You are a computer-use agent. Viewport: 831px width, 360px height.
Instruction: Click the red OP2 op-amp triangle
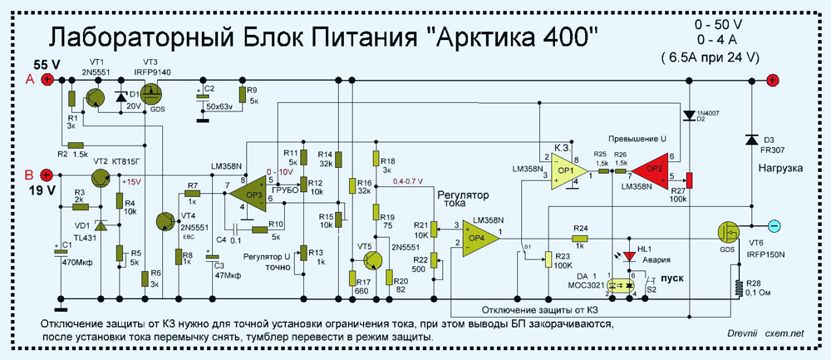pos(655,170)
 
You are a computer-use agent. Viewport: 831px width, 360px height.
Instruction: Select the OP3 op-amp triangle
pos(248,195)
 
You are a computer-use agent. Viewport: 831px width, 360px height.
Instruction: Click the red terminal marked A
pos(47,79)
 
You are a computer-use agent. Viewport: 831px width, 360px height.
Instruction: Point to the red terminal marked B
pos(47,175)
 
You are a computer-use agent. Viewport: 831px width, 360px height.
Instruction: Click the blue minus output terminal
pos(772,224)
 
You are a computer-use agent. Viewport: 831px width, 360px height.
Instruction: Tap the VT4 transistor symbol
pos(167,220)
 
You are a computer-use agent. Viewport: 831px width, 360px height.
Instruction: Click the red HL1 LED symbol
pos(629,255)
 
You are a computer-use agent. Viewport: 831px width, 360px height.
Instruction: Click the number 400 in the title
pos(565,37)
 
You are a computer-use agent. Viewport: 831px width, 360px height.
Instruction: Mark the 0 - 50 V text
pos(720,25)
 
